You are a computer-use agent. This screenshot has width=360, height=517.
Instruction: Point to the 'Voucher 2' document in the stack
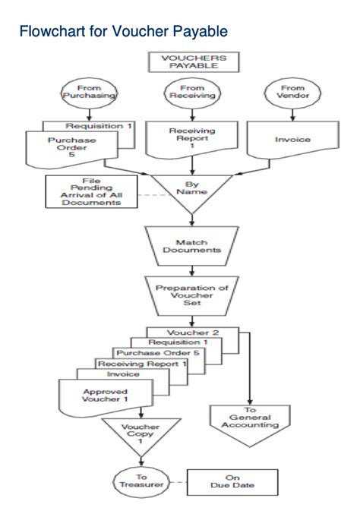(x=194, y=332)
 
